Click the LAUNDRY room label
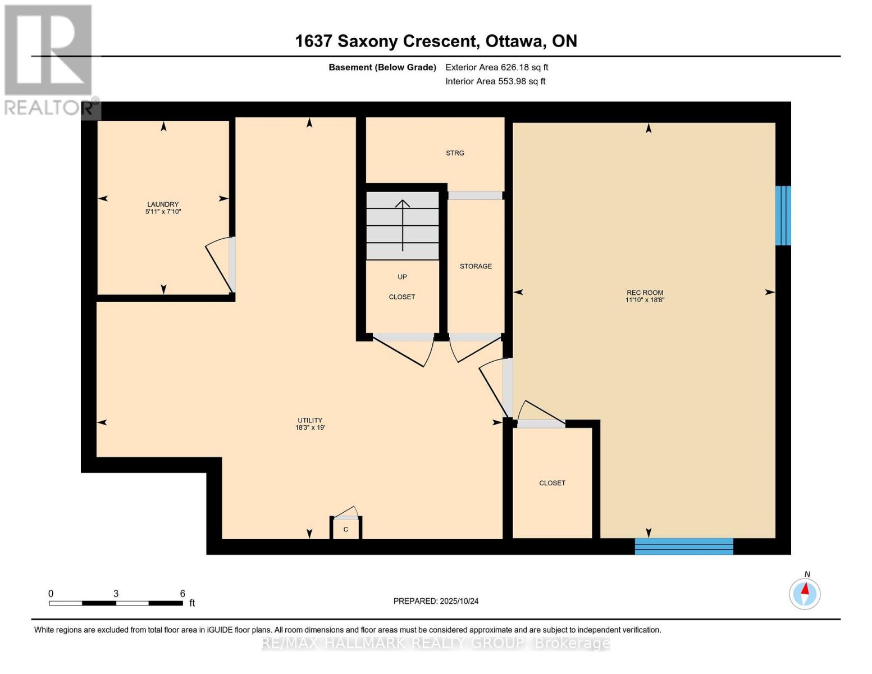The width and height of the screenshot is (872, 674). tap(163, 204)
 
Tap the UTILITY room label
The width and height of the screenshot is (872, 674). tap(310, 420)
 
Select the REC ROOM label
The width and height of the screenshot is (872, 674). tap(645, 293)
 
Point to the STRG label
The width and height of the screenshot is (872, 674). tap(455, 153)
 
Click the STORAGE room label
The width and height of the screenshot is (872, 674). tap(476, 266)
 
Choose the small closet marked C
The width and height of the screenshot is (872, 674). tap(346, 529)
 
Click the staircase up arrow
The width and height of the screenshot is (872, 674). tap(403, 225)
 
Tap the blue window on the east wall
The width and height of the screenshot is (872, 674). tap(783, 216)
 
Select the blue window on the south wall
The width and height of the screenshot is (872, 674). tap(683, 546)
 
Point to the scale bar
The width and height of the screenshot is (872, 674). tap(116, 603)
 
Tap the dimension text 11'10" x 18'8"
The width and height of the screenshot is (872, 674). tap(645, 300)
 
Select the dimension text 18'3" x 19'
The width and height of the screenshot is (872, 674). tap(310, 428)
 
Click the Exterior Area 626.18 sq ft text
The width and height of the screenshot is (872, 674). tap(496, 67)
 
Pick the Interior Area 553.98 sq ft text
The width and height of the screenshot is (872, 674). tap(495, 81)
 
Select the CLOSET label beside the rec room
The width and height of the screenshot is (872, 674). tap(552, 483)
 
